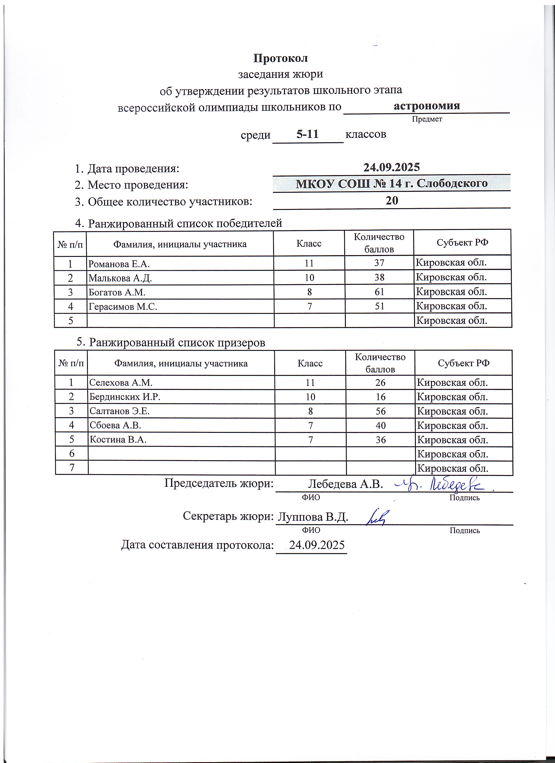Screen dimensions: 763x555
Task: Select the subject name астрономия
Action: click(x=426, y=106)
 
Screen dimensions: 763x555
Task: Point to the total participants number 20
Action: click(x=392, y=201)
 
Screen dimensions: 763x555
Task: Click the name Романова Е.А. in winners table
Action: click(x=119, y=264)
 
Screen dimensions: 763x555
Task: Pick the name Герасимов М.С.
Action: click(x=123, y=306)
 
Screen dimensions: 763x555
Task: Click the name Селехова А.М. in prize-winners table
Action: click(x=121, y=383)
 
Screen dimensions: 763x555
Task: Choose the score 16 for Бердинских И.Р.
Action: click(x=380, y=397)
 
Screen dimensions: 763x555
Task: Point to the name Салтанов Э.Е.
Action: click(x=119, y=411)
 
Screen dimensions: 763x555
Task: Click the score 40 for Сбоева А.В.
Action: click(x=380, y=426)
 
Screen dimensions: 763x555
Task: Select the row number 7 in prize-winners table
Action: click(x=72, y=468)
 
